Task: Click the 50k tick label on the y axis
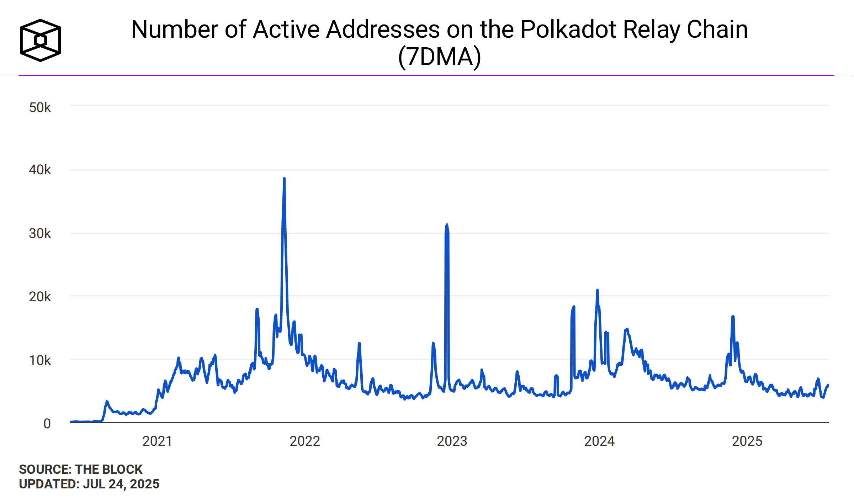(40, 107)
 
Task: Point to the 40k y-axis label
(40, 170)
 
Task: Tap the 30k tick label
(40, 234)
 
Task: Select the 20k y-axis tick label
(40, 297)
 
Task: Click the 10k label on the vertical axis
(40, 360)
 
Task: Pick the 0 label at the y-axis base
(47, 424)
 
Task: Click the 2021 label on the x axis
(157, 441)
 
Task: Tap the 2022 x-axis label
(305, 441)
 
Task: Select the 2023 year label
(452, 441)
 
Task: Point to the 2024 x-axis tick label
(600, 441)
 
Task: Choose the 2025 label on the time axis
(747, 441)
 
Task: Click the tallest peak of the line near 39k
(284, 179)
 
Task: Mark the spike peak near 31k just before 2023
(447, 225)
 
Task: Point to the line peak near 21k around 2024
(598, 290)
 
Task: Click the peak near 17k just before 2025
(733, 316)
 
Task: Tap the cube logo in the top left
(40, 40)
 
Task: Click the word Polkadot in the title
(568, 29)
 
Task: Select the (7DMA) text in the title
(440, 57)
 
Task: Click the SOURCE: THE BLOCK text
(81, 470)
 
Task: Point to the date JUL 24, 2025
(121, 484)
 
